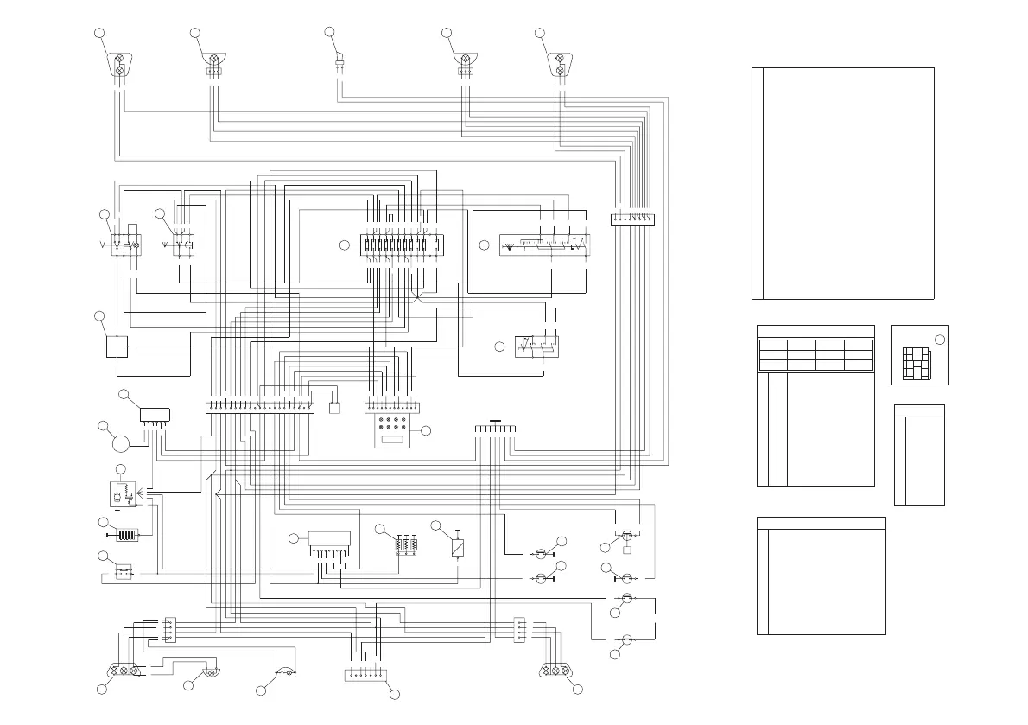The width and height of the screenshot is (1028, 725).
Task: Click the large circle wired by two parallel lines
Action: (118, 445)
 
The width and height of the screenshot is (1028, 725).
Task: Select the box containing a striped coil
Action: (127, 535)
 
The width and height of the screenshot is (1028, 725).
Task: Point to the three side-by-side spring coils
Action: (406, 545)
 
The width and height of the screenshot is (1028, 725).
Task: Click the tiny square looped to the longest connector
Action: (335, 407)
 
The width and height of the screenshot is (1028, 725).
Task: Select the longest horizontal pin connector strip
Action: (259, 407)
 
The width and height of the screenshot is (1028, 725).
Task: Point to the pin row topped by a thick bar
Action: (494, 429)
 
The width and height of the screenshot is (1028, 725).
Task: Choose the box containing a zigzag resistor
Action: (121, 494)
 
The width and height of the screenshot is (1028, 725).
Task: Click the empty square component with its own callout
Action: (117, 347)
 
